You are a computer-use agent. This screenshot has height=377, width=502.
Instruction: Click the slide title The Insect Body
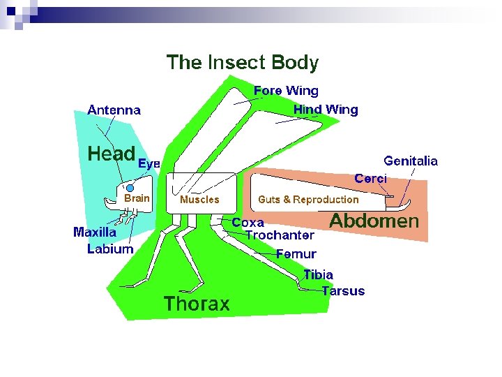point(242,63)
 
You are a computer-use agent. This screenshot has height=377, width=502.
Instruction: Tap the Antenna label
point(114,110)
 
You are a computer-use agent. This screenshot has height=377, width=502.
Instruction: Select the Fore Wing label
point(286,91)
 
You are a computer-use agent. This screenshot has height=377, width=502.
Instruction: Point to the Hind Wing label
point(326,110)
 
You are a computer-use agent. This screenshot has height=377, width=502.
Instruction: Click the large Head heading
point(111,154)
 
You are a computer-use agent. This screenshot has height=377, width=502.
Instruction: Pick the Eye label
point(149,163)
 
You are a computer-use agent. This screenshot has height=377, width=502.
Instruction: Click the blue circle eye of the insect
point(130,188)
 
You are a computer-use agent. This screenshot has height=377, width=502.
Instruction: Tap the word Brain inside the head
point(137,198)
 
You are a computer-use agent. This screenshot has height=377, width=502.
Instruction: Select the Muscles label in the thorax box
point(199,200)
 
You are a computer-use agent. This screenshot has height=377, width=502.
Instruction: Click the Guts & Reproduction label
point(308,200)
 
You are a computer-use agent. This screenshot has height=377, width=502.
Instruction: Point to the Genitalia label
point(411,161)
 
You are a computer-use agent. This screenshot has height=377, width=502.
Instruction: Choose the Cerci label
point(370,179)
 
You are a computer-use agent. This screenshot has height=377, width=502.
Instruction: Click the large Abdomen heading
point(374,221)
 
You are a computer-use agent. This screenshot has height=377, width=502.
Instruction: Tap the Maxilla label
point(95,232)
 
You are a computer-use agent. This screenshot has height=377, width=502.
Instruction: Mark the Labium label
point(110,249)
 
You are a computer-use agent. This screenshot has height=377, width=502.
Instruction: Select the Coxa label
point(248,223)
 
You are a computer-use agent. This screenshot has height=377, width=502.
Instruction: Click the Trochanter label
point(280,235)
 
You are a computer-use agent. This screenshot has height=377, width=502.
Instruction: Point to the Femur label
point(296,254)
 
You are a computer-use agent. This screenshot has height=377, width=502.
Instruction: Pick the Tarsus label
point(343,291)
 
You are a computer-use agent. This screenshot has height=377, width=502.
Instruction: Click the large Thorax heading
point(197,304)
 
